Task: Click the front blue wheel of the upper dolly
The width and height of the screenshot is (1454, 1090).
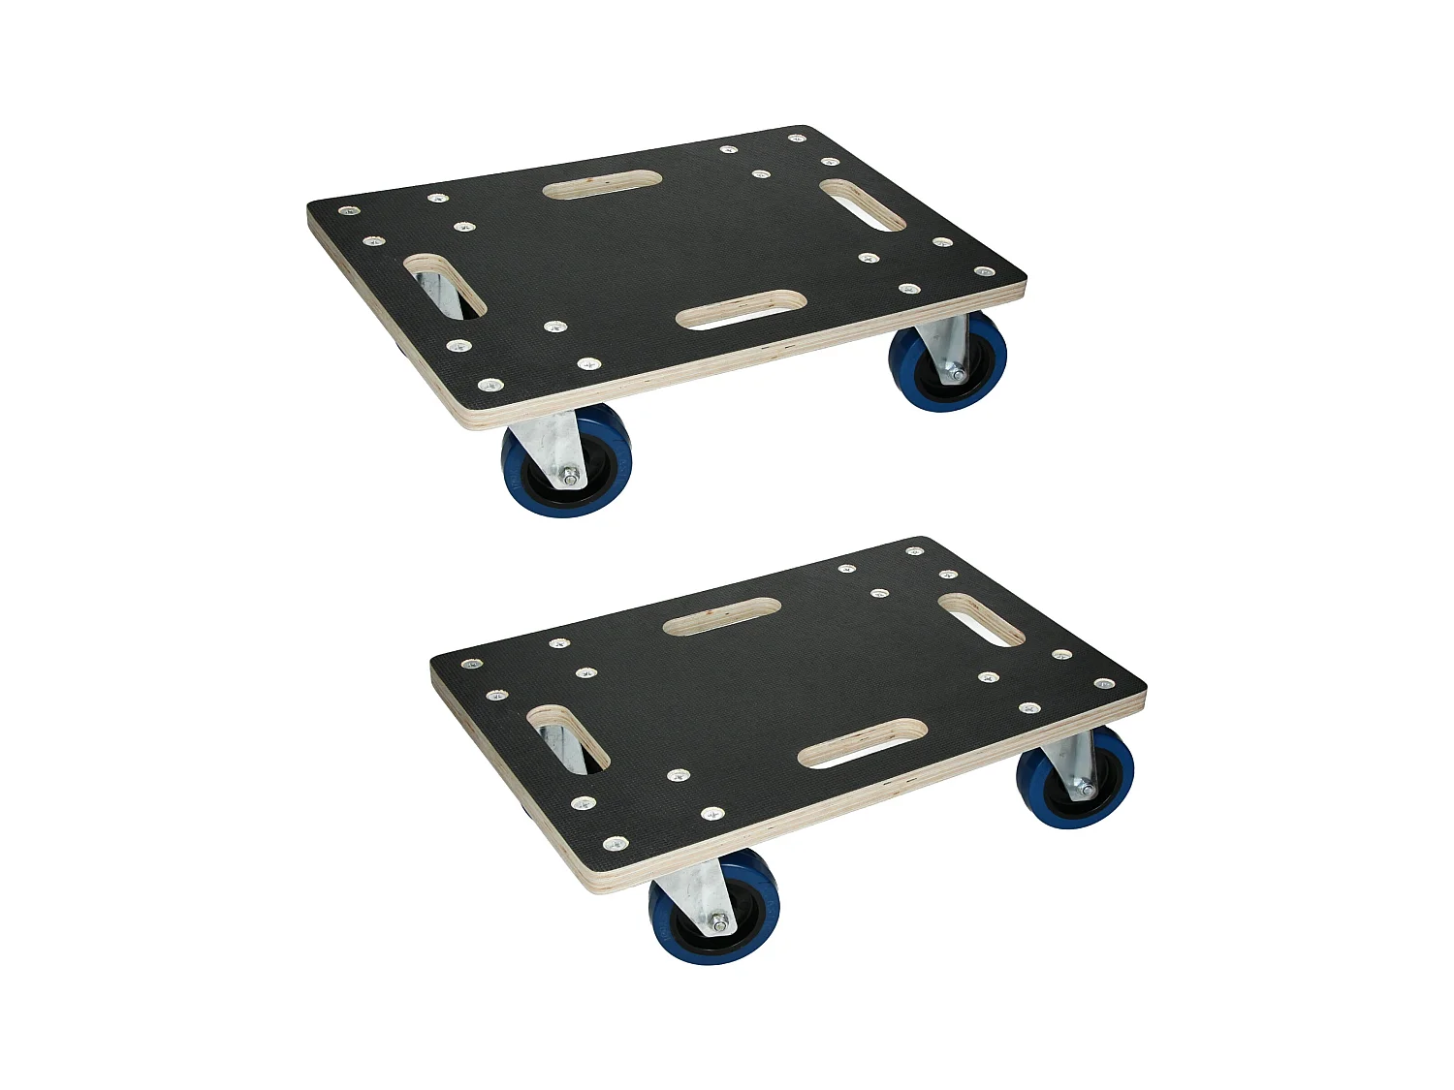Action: click(567, 462)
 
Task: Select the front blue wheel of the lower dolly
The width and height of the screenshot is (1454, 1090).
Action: click(713, 909)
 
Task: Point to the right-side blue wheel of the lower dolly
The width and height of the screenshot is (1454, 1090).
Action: click(1075, 777)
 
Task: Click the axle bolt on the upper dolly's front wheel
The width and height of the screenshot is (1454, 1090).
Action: click(571, 476)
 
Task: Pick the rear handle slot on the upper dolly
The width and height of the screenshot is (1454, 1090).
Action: click(602, 184)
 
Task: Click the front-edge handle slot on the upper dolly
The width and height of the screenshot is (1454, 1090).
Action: click(742, 309)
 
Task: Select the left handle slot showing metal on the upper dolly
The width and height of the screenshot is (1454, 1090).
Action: click(445, 286)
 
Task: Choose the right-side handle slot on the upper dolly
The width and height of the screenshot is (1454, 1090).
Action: click(863, 204)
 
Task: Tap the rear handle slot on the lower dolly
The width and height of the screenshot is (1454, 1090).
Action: click(722, 616)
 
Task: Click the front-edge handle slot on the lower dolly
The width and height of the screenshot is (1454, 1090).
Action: click(863, 743)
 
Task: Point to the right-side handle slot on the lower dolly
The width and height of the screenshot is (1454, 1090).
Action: click(981, 620)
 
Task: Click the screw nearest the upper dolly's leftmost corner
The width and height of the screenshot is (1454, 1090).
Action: click(347, 210)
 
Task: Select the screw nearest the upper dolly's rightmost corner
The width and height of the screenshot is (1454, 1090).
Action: click(983, 272)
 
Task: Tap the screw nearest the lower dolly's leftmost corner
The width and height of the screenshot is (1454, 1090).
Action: click(471, 665)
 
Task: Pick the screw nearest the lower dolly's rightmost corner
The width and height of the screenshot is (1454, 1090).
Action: click(1104, 684)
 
